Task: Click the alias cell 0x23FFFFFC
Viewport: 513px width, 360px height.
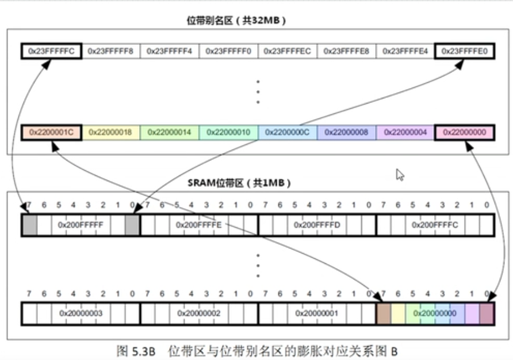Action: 51,51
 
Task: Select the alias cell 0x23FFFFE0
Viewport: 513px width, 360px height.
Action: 464,51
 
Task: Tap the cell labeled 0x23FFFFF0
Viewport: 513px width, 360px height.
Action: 228,51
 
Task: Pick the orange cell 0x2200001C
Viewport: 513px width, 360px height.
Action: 51,132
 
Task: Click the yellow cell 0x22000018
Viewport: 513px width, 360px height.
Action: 110,132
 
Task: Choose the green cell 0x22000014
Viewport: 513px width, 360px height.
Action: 170,132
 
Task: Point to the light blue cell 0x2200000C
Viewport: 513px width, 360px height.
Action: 288,132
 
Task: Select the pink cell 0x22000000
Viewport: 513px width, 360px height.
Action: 464,132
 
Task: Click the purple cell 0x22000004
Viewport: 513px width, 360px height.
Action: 405,132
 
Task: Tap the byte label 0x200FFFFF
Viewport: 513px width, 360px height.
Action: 81,224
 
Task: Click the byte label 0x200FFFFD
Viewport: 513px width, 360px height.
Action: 317,224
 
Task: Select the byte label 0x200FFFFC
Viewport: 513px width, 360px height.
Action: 435,224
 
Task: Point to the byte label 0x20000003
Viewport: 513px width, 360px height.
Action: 81,313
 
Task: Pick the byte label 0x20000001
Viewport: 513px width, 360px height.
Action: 317,313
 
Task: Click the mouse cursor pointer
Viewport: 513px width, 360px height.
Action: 400,174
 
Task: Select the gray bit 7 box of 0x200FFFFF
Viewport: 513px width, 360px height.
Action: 29,225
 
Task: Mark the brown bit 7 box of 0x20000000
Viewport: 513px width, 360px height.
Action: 383,313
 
